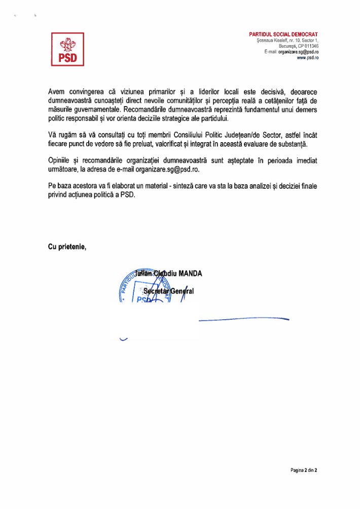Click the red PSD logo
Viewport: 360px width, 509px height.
tap(67, 49)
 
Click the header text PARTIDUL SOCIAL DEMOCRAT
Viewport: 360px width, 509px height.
tap(283, 34)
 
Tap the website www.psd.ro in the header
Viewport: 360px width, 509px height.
tap(308, 58)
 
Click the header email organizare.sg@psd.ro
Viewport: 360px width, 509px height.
tap(299, 52)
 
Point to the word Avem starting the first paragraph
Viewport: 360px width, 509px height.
tap(57, 91)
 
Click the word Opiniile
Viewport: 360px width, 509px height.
tap(59, 160)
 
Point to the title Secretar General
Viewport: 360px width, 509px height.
tap(168, 291)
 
